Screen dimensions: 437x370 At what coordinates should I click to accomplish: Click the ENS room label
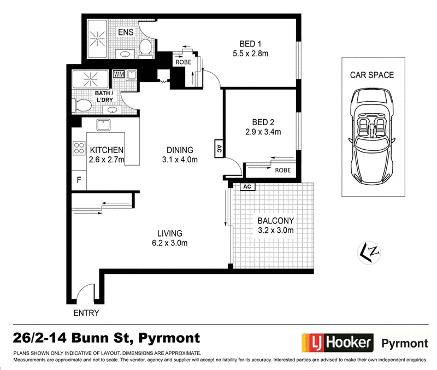(x=126, y=32)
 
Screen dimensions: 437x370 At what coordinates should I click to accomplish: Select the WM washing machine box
(x=119, y=74)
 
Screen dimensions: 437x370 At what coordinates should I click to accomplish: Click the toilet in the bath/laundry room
(x=82, y=105)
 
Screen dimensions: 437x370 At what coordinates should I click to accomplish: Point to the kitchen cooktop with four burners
(x=79, y=148)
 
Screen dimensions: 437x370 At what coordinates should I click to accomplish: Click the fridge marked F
(x=79, y=180)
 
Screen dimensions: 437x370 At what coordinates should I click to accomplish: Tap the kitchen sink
(x=103, y=125)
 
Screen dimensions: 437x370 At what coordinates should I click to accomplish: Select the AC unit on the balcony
(x=247, y=186)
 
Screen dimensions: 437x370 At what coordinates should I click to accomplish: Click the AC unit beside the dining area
(x=219, y=149)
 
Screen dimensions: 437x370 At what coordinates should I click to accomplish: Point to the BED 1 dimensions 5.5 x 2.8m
(x=251, y=54)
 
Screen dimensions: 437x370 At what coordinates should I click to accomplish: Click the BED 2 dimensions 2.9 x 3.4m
(x=263, y=132)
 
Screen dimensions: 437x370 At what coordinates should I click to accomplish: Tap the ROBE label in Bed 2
(x=282, y=170)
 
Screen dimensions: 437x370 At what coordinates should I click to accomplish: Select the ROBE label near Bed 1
(x=184, y=62)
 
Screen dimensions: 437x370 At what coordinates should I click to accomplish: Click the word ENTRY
(x=86, y=313)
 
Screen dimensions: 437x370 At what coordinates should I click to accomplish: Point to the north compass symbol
(x=369, y=252)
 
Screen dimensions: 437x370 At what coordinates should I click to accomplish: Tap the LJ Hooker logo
(x=338, y=343)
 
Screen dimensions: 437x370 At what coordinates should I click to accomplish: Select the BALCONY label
(x=276, y=221)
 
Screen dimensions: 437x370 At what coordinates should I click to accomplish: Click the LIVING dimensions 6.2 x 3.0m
(x=170, y=243)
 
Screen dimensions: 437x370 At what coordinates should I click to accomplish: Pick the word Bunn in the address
(x=90, y=338)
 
